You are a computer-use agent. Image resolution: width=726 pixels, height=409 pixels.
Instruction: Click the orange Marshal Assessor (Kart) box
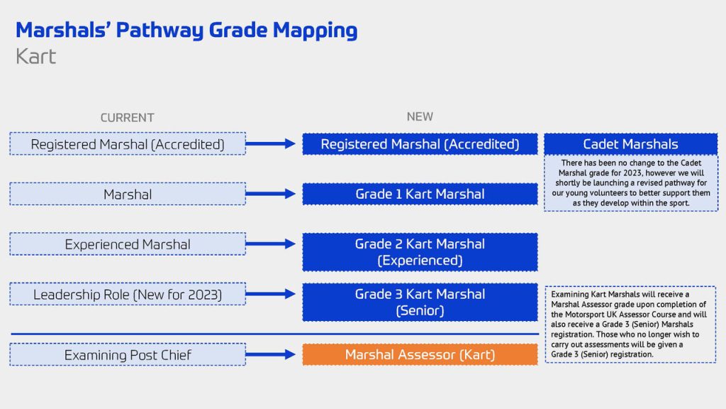coord(420,354)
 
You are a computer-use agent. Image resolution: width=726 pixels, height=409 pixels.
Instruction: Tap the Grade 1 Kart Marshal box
coord(420,194)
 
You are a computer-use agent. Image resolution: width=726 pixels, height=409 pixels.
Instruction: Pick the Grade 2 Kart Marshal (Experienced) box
coord(420,252)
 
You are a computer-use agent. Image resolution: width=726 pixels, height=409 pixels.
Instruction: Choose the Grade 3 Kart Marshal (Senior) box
coord(420,302)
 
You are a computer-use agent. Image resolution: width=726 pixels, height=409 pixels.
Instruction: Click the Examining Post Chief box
coord(128,354)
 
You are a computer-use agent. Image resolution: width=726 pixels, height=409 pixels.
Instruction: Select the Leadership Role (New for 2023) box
coord(128,294)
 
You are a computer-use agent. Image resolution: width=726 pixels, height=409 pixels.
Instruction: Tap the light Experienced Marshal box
coord(128,244)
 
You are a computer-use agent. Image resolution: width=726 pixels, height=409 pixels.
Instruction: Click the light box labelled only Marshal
coord(128,194)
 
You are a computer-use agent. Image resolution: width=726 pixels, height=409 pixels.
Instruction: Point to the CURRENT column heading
coord(127,117)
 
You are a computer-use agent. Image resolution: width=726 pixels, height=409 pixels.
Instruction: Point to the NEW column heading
coord(420,116)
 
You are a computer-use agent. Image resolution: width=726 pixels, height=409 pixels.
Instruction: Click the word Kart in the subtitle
coord(35,56)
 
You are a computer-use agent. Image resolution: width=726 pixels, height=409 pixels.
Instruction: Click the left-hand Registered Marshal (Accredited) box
coord(128,144)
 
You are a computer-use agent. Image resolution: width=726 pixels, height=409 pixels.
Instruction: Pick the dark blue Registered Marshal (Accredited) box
coord(420,144)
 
